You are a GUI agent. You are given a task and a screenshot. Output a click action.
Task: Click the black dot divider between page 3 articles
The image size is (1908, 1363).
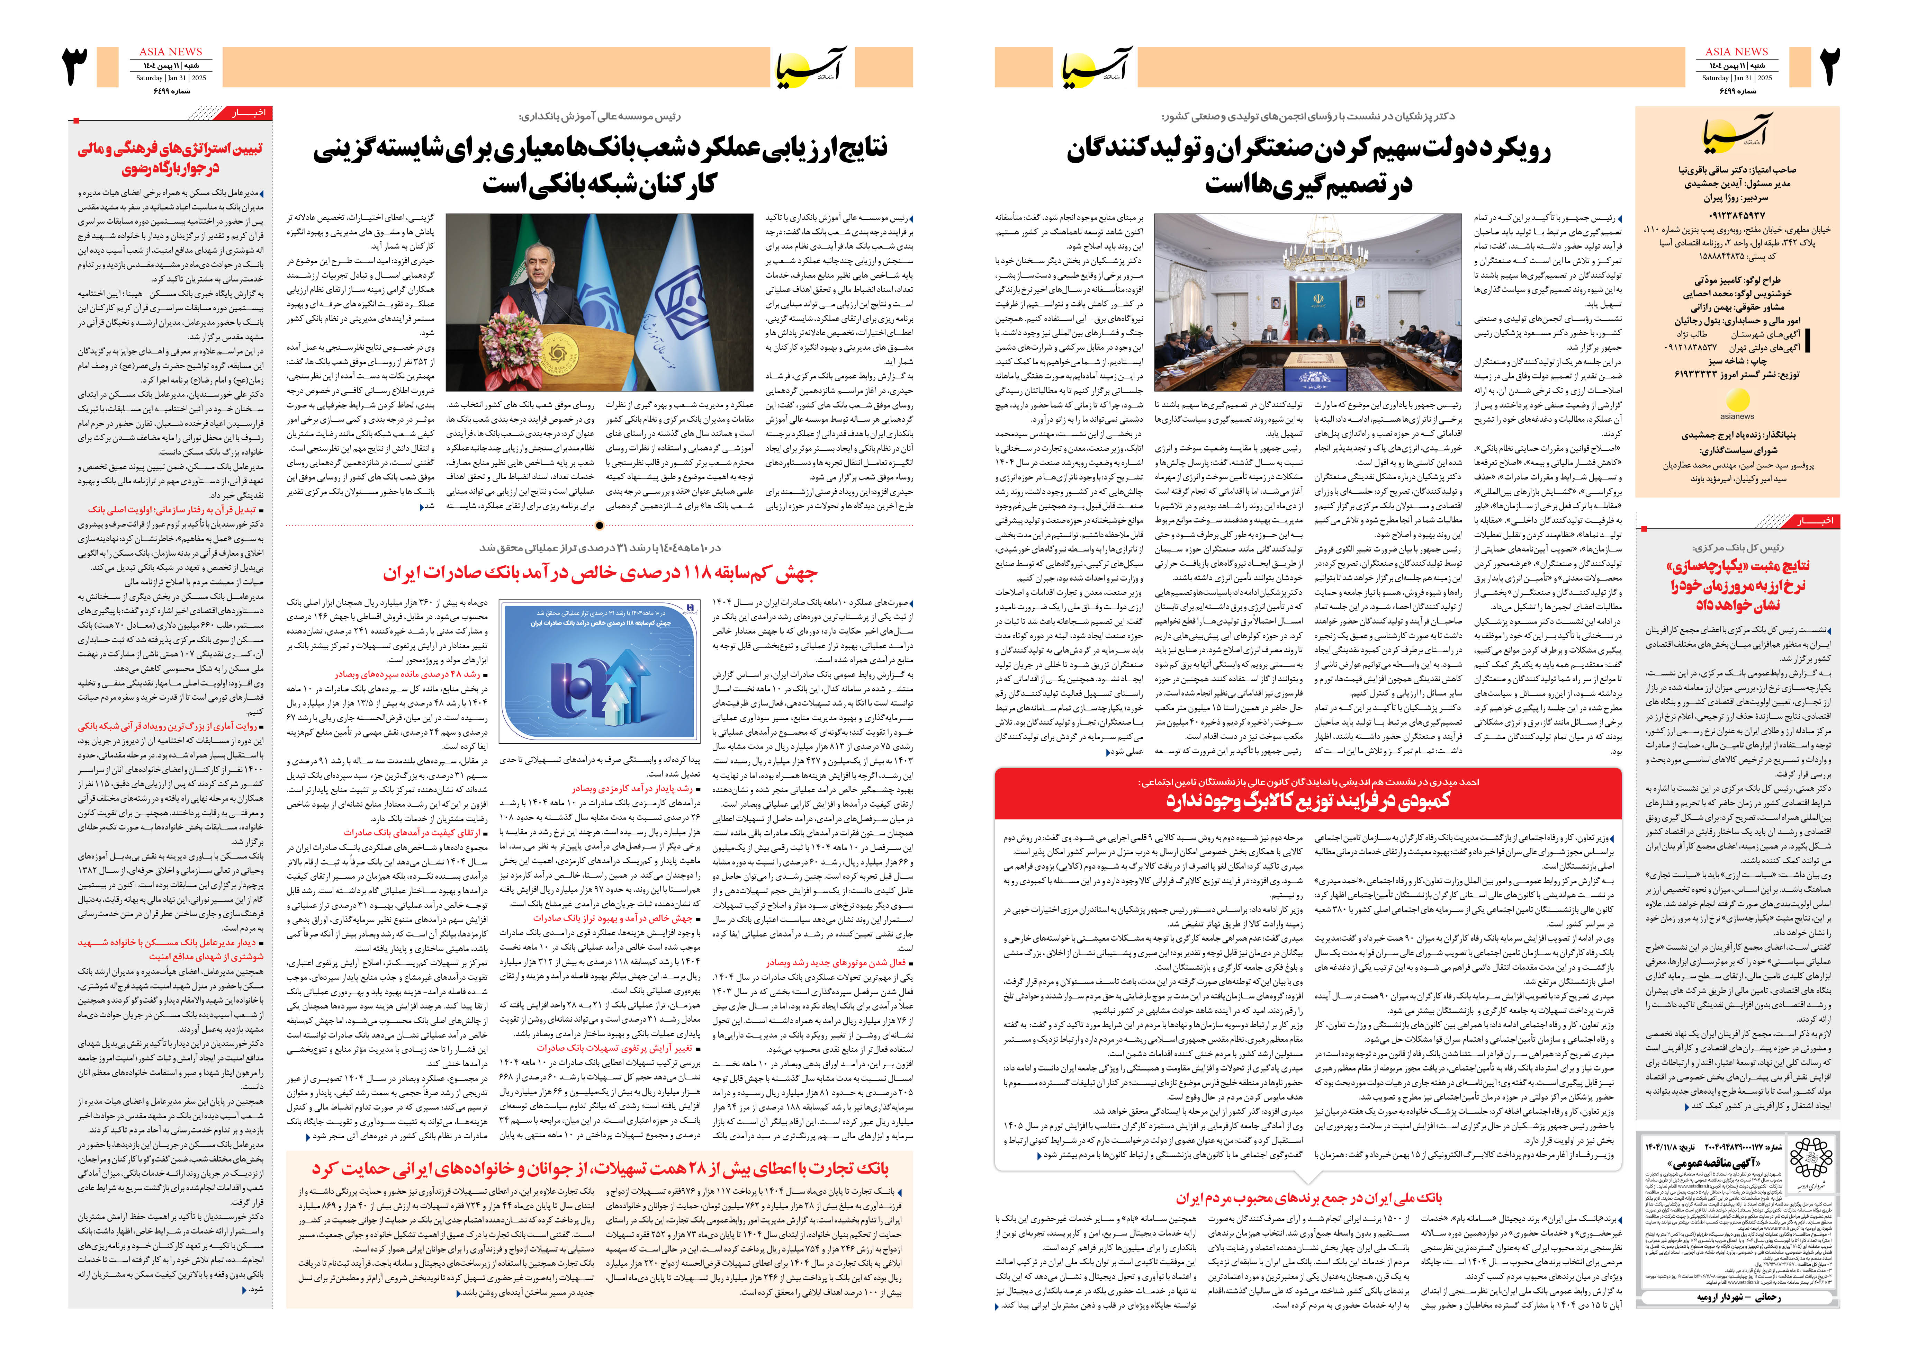click(599, 526)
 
